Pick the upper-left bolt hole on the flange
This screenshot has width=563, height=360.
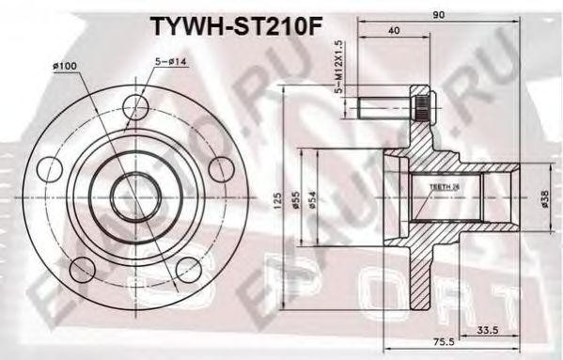52,169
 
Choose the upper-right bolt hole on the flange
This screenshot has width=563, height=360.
222,169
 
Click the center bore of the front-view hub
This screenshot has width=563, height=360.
137,197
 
